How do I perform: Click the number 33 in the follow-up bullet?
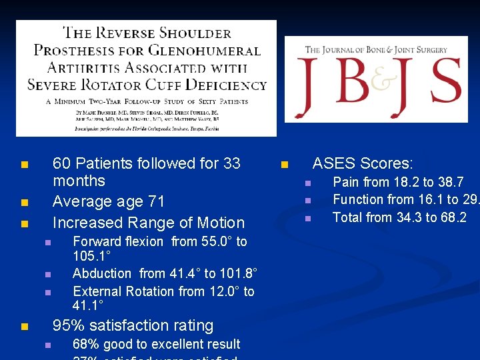231,163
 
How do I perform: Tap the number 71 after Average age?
155,201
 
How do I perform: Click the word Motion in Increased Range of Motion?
220,223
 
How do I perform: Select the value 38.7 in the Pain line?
451,182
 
